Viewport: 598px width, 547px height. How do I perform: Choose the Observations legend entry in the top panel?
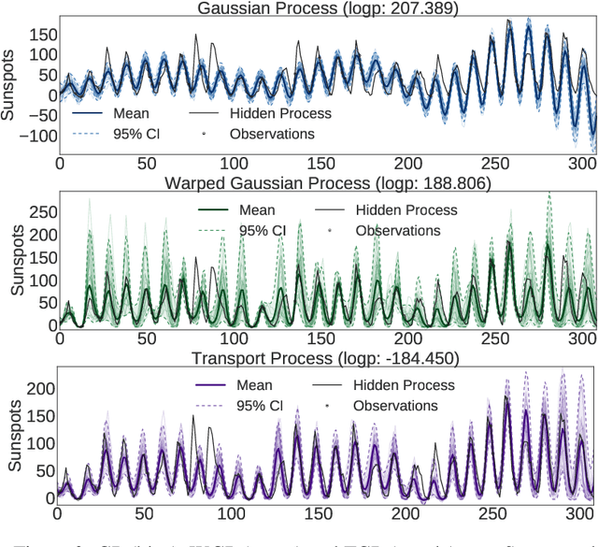272,134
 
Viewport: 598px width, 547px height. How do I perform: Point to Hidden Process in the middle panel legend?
406,210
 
